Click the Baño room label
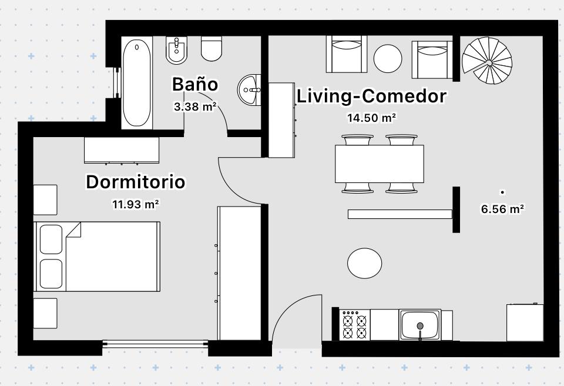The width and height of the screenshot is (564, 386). pyautogui.click(x=195, y=84)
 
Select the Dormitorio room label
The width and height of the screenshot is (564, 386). pyautogui.click(x=136, y=182)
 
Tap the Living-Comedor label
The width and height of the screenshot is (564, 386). pyautogui.click(x=371, y=96)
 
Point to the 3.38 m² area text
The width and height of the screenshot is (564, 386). pyautogui.click(x=195, y=107)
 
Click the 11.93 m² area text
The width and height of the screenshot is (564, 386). pyautogui.click(x=136, y=204)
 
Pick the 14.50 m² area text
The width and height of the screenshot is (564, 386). pyautogui.click(x=371, y=118)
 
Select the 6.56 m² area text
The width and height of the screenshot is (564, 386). pyautogui.click(x=502, y=209)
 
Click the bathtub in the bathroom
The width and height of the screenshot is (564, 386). pyautogui.click(x=136, y=82)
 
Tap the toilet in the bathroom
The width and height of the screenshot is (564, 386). pyautogui.click(x=211, y=48)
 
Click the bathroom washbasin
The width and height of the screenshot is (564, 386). pyautogui.click(x=249, y=90)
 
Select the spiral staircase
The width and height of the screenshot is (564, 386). pyautogui.click(x=487, y=61)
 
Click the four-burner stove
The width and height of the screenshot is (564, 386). pyautogui.click(x=355, y=325)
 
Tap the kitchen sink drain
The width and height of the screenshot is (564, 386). pyautogui.click(x=419, y=326)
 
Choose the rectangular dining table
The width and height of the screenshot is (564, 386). pyautogui.click(x=380, y=164)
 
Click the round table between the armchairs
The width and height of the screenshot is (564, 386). pyautogui.click(x=388, y=58)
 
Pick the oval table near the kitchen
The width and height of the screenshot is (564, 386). pyautogui.click(x=364, y=263)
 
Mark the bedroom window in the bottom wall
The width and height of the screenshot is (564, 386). pyautogui.click(x=155, y=344)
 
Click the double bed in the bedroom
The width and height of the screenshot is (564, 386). pyautogui.click(x=97, y=256)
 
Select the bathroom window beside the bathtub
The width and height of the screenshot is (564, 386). pyautogui.click(x=116, y=82)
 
